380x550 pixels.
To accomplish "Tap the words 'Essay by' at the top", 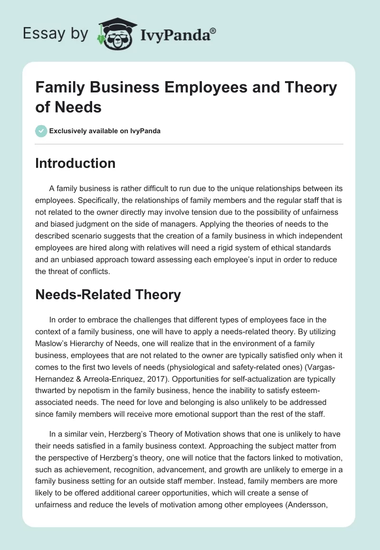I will click(x=56, y=34).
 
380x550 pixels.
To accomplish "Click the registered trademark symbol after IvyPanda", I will click(x=213, y=31).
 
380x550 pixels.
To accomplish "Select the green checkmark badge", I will click(x=41, y=131).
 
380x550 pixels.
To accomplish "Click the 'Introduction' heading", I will click(x=76, y=163).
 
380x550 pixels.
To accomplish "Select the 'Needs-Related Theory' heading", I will click(x=108, y=294).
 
